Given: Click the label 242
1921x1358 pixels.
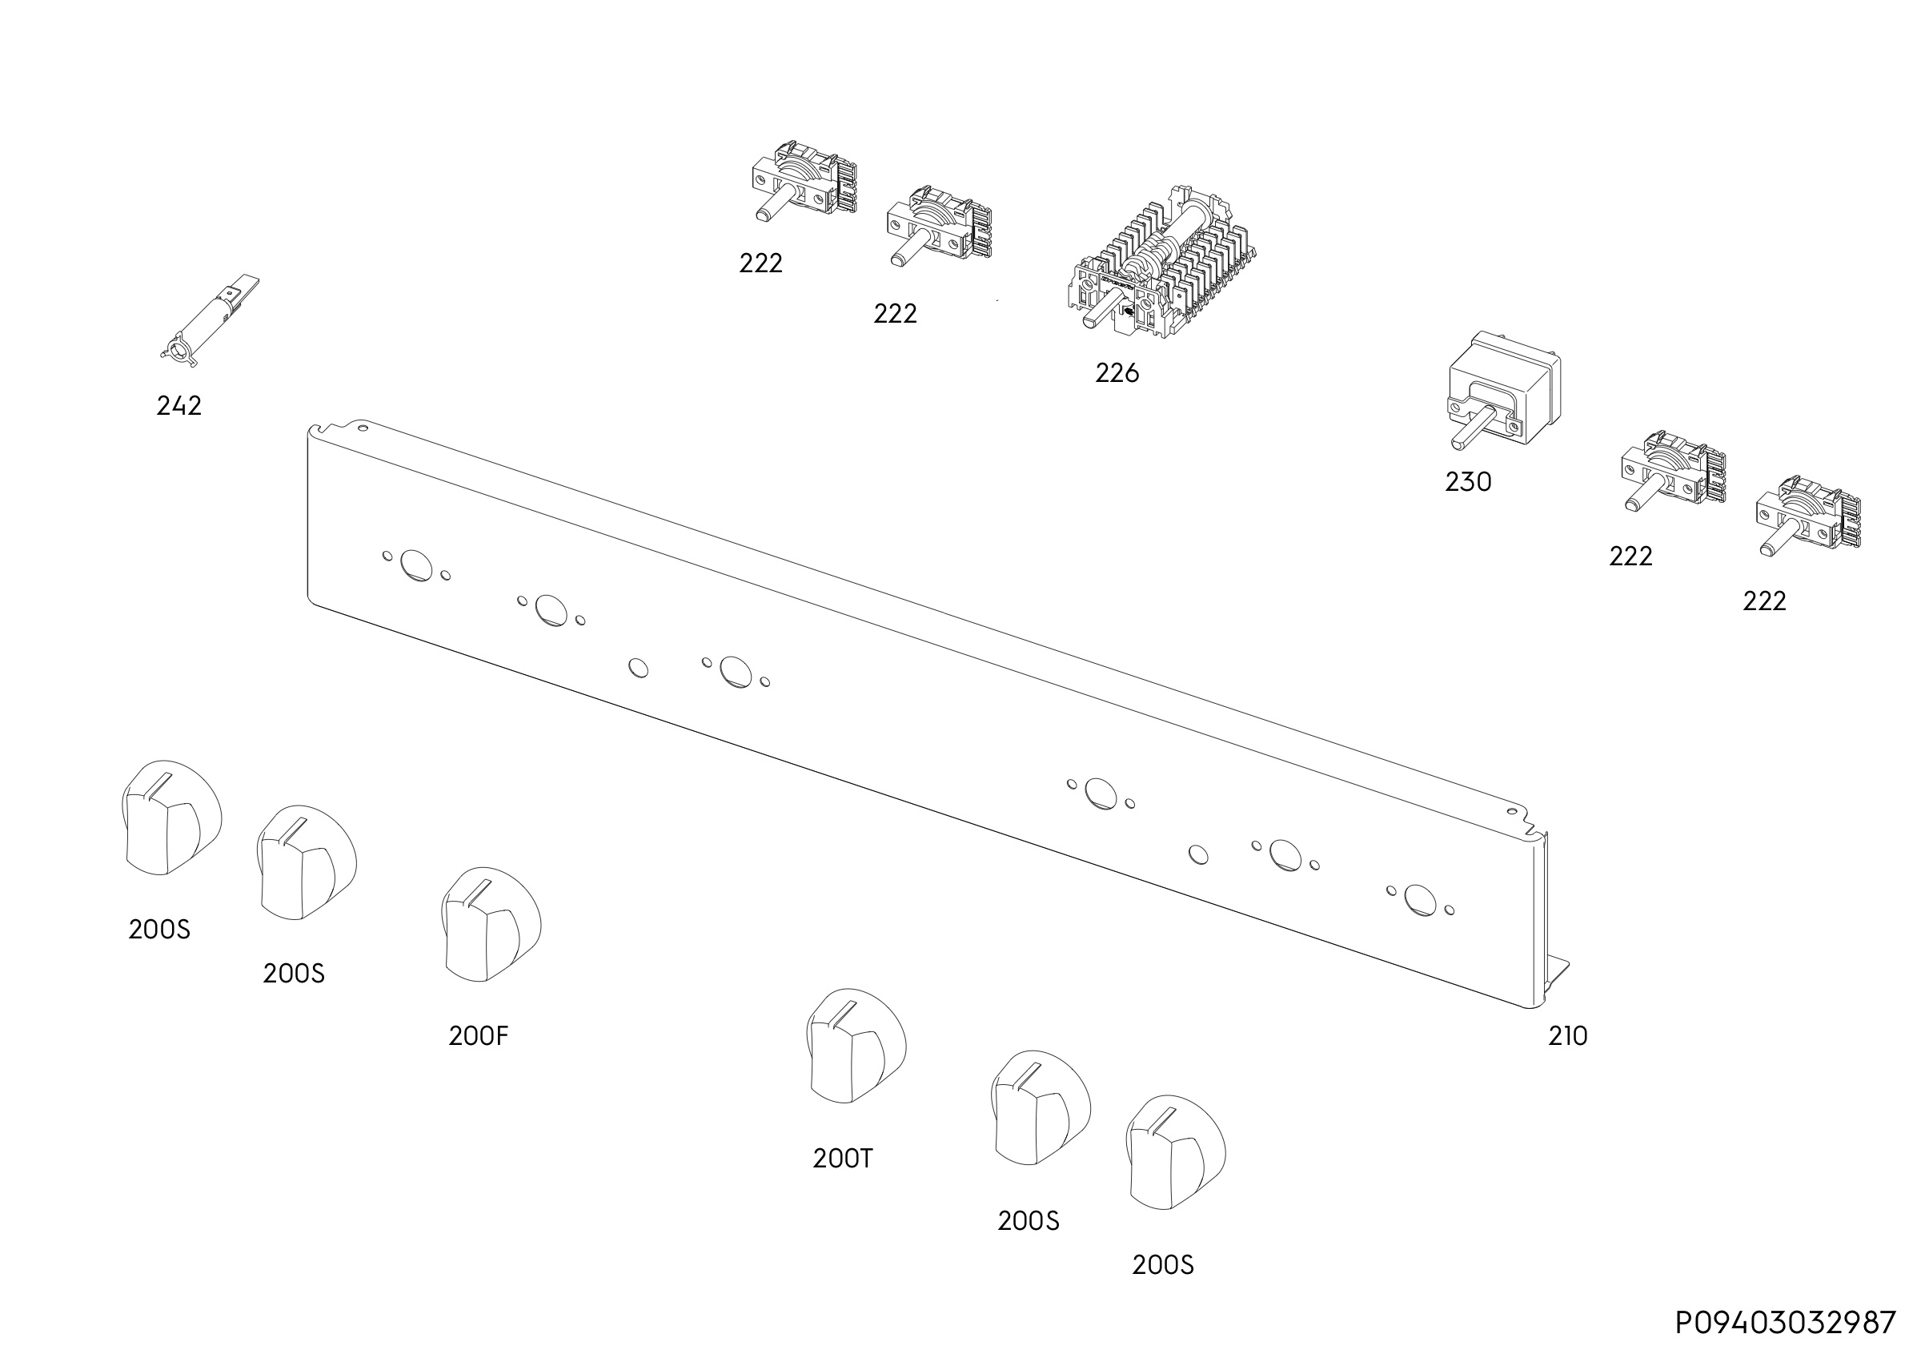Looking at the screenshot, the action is point(179,406).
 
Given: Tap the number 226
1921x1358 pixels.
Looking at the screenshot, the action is point(1117,373).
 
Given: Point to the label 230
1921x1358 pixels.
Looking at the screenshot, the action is point(1468,482).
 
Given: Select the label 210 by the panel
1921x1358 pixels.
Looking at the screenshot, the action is point(1568,1036).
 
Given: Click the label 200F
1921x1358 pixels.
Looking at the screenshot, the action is point(479,1036).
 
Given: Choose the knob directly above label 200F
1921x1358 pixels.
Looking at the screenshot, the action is point(491,924).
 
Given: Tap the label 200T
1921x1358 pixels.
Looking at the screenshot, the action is point(844,1158).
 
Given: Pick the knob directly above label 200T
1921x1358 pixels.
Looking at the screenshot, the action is point(856,1046).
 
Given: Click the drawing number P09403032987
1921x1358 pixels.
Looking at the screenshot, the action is point(1786,1323).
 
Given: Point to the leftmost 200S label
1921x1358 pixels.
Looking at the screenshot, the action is point(160,930).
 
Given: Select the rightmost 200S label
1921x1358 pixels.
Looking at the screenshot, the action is point(1163,1264).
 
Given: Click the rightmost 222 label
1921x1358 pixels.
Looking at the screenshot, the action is point(1765,601).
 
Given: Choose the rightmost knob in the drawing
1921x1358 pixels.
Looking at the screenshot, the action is point(1176,1152).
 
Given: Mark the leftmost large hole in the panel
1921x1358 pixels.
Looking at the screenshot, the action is point(417,566).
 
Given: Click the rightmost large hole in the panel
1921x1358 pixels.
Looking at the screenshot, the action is point(1421,899).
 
